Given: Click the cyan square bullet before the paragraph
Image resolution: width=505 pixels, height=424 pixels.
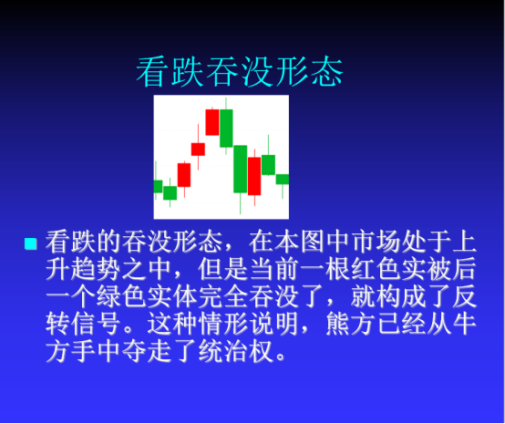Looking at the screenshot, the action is pos(31,243).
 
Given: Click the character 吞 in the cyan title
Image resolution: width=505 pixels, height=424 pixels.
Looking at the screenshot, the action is pos(222,71).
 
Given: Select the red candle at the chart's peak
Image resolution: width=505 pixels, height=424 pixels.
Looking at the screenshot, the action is pos(212,122).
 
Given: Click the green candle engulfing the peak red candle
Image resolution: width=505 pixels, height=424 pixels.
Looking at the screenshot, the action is pos(226,129).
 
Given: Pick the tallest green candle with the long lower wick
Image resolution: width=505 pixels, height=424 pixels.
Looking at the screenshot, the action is pos(241,170).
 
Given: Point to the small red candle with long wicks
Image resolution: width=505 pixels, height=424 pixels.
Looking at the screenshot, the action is pos(198,150).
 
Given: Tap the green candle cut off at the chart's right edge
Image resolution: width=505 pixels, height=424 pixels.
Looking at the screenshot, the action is pos(283,179).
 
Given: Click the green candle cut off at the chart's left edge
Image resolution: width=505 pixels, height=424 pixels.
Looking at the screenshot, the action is pos(158,186).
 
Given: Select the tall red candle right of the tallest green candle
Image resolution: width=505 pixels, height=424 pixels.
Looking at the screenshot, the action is pos(254,176).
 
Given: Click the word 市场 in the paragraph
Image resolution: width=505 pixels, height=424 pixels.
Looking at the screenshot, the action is pos(378,242).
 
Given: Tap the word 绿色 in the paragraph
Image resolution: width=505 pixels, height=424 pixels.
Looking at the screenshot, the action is pos(121,296).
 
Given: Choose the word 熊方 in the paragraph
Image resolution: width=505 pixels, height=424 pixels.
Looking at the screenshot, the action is pos(351,324).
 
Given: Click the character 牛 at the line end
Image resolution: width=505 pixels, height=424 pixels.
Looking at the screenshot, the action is pos(464,324).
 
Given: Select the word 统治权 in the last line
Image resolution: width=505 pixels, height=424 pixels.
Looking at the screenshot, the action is pos(236,351).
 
